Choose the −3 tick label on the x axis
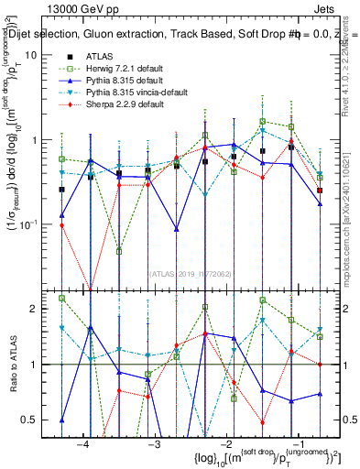click(154, 443)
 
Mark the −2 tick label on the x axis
click(225, 443)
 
